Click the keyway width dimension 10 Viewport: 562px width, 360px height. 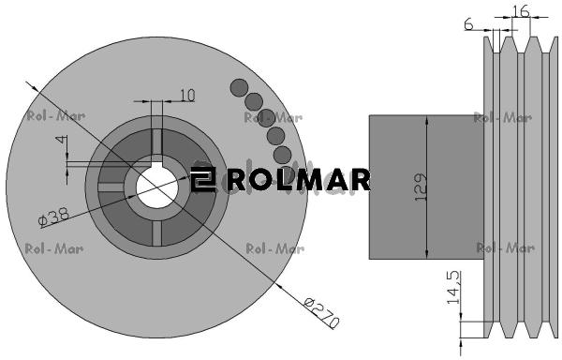pyautogui.click(x=187, y=96)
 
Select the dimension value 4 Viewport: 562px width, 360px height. pyautogui.click(x=62, y=139)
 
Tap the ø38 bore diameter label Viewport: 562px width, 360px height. pyautogui.click(x=53, y=217)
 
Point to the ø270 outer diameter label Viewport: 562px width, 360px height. pyautogui.click(x=321, y=313)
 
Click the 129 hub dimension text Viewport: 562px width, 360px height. pyautogui.click(x=421, y=187)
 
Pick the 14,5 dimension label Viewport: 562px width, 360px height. pyautogui.click(x=453, y=288)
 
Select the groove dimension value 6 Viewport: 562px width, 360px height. pyautogui.click(x=469, y=24)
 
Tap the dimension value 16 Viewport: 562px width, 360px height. pyautogui.click(x=521, y=11)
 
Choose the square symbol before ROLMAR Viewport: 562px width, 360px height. pyautogui.click(x=203, y=179)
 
